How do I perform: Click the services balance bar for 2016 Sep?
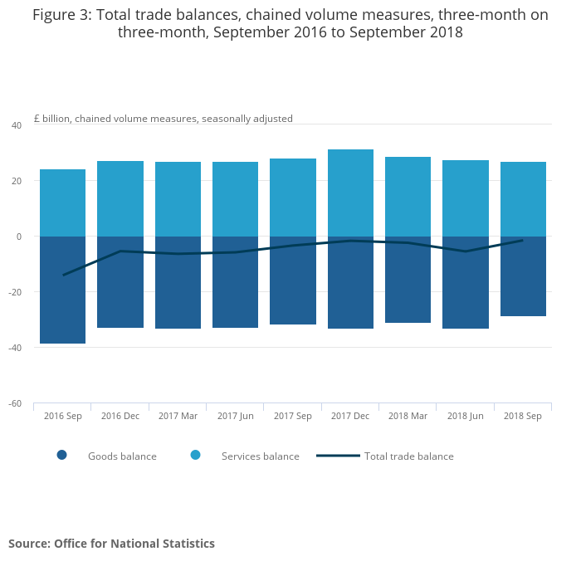pos(63,203)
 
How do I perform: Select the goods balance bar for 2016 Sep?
pos(63,290)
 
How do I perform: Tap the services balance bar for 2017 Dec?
pos(350,193)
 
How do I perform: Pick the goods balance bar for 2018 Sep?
pos(523,276)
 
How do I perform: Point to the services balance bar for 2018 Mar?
pos(408,197)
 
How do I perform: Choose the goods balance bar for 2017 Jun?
pos(235,282)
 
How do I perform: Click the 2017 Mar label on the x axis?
pos(178,416)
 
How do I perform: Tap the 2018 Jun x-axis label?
pos(465,416)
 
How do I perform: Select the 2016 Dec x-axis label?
pos(120,416)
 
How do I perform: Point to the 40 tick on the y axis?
pos(17,125)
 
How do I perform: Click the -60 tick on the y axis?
pos(15,403)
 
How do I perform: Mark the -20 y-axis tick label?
pos(15,292)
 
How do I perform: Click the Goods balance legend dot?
pos(61,455)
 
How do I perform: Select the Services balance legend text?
pos(260,456)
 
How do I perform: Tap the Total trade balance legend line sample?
pos(338,456)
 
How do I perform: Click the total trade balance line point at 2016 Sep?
pos(63,275)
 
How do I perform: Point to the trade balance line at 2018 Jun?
pos(465,251)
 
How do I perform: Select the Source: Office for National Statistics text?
pos(111,544)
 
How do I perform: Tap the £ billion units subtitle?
pos(163,119)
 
